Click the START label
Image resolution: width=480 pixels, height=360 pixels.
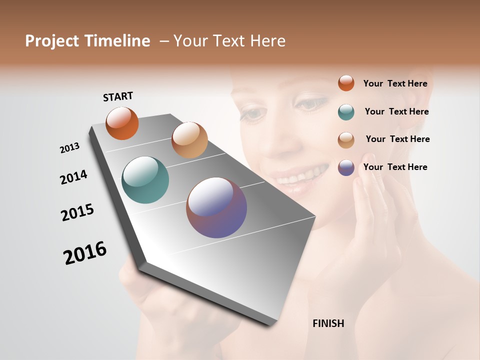point(118,96)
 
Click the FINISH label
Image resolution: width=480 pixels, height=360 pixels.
point(328,323)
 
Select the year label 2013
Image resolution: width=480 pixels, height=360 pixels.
point(69,148)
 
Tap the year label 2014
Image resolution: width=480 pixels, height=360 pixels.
point(73,177)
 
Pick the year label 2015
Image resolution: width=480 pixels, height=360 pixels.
point(77,212)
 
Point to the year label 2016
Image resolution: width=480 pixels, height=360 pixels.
point(85,253)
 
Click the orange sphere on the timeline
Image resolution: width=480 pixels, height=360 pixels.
point(122,123)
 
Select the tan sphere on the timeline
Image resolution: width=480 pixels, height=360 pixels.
point(189,140)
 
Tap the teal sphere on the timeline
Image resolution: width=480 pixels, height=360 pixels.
point(145,180)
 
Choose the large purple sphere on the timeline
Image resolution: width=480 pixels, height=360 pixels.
point(216,207)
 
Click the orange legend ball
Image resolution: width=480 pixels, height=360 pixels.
point(346,83)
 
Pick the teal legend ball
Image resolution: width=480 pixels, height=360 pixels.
point(346,112)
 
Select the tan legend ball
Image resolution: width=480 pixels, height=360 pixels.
point(346,140)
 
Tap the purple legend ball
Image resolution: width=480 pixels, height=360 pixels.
point(346,167)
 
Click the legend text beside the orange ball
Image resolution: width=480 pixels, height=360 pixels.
point(395,84)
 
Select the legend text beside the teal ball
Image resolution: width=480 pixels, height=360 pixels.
point(396,111)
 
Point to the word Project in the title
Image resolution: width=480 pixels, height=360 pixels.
point(52,41)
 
